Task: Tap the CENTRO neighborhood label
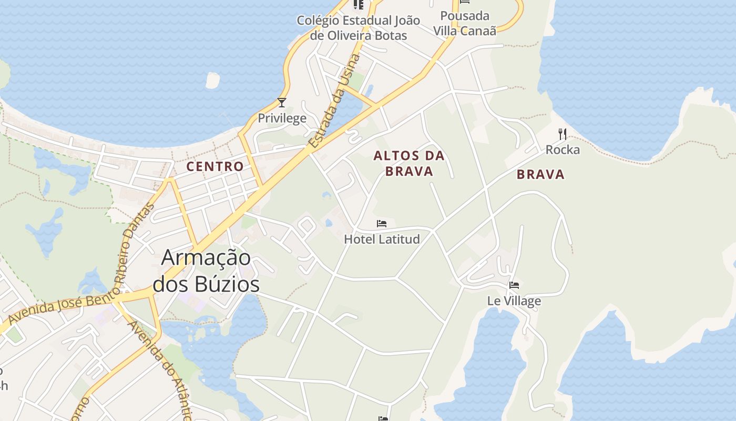216,167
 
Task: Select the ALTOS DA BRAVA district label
409,163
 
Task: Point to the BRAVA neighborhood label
540,175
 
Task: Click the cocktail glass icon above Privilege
282,102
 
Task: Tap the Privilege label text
282,118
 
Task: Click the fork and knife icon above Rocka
563,134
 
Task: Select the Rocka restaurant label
563,150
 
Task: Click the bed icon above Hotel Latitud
382,224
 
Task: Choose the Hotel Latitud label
382,239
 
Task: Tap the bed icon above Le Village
514,285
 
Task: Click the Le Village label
514,301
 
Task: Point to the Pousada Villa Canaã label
465,23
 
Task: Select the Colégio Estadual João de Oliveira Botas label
359,28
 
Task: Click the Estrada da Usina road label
334,100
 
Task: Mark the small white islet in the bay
212,80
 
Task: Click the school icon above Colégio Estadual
359,4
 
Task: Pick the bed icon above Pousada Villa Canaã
465,2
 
